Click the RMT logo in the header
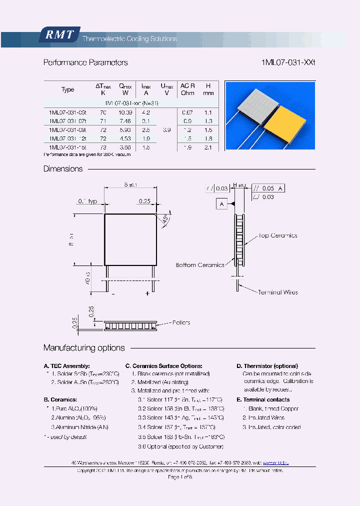(59, 35)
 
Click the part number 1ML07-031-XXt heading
(288, 62)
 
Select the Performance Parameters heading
(85, 62)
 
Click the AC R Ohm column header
(187, 89)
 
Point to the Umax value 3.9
(166, 130)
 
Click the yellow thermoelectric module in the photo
(284, 127)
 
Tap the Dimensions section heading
(63, 169)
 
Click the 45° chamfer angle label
(164, 219)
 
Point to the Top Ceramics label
(278, 235)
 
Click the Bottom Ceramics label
(200, 265)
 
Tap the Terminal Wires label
(277, 292)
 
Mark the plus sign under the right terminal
(147, 293)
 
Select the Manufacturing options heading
(84, 347)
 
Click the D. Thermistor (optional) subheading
(267, 366)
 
